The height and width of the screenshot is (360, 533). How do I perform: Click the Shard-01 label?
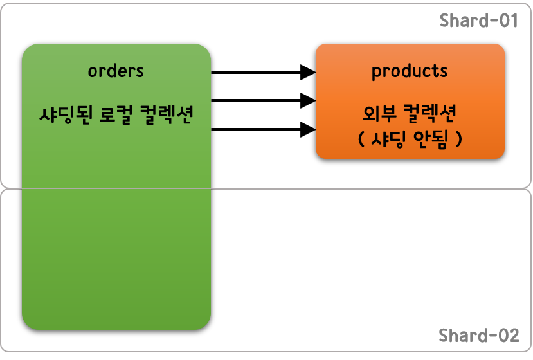pyautogui.click(x=478, y=21)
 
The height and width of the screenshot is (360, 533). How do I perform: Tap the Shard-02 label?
pyautogui.click(x=478, y=336)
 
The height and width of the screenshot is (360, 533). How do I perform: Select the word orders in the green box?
pyautogui.click(x=116, y=71)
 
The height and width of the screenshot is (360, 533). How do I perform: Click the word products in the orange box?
pyautogui.click(x=410, y=71)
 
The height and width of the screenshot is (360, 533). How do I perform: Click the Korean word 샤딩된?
pyautogui.click(x=64, y=115)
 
